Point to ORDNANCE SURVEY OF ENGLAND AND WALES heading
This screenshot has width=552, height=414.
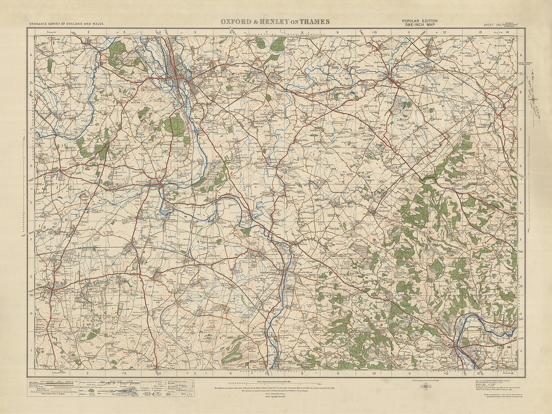pyautogui.click(x=66, y=24)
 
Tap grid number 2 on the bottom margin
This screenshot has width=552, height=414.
pyautogui.click(x=88, y=372)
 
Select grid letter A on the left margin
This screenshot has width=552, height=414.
pyautogui.click(x=31, y=56)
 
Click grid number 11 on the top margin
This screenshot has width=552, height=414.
pyautogui.click(x=410, y=32)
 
